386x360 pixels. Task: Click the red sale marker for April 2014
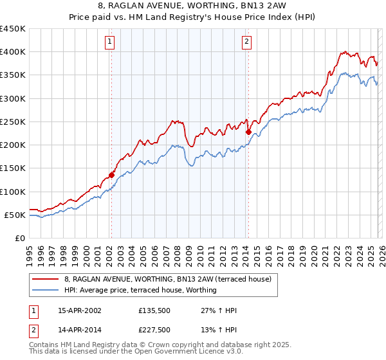click(x=248, y=132)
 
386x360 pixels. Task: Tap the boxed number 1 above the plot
click(x=111, y=42)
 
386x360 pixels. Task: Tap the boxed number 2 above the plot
click(x=247, y=42)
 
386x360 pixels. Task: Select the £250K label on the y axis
click(x=13, y=122)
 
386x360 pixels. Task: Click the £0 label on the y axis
click(x=21, y=238)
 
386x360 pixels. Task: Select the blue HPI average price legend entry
click(x=140, y=290)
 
